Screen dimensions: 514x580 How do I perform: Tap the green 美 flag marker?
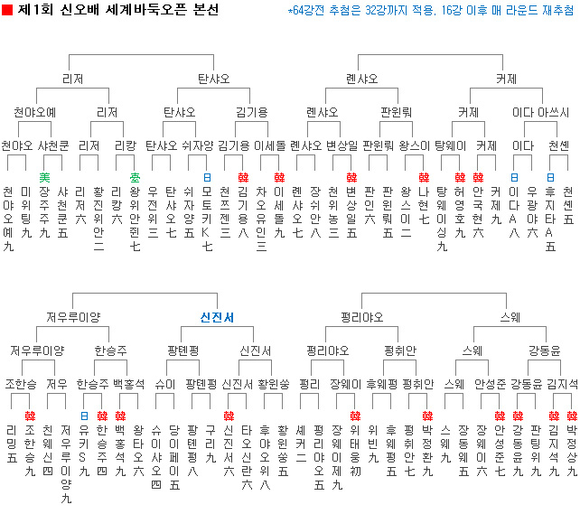pyautogui.click(x=44, y=177)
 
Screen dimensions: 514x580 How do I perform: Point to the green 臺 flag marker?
pyautogui.click(x=135, y=177)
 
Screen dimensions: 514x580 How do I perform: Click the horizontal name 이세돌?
pyautogui.click(x=269, y=145)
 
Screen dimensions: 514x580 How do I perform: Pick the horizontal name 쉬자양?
pyautogui.click(x=198, y=145)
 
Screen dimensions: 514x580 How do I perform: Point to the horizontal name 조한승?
pyautogui.click(x=21, y=383)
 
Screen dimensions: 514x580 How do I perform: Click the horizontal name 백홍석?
pyautogui.click(x=129, y=383)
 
